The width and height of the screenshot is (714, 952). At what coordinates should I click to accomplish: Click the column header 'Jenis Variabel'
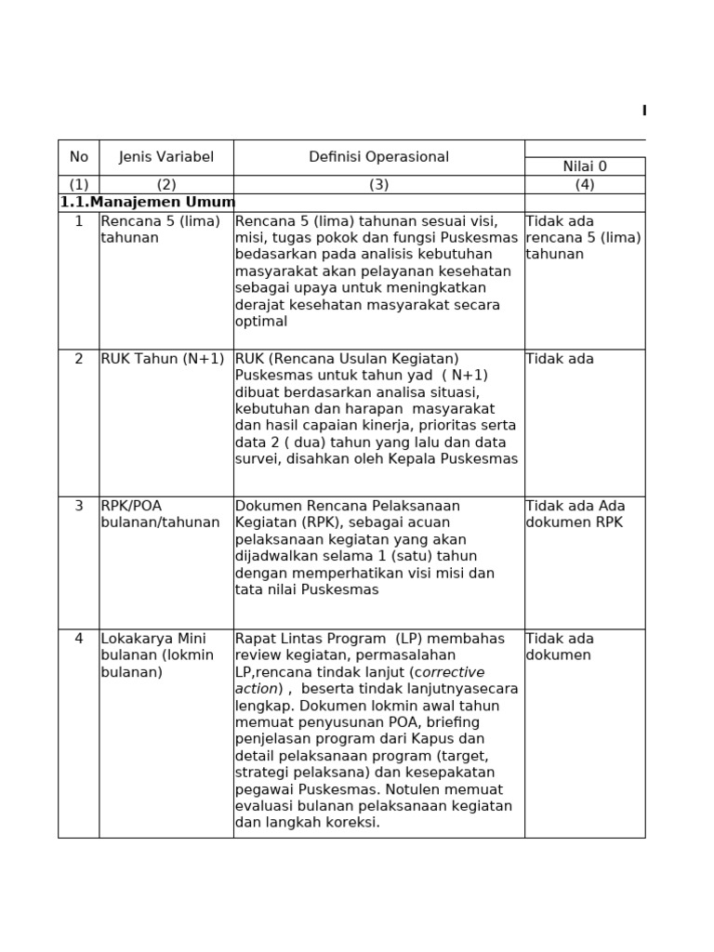(165, 157)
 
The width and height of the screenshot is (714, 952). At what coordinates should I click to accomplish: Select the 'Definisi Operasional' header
(378, 157)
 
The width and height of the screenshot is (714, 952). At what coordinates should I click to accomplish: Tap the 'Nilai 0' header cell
(584, 166)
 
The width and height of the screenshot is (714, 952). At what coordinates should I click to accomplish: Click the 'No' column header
(78, 157)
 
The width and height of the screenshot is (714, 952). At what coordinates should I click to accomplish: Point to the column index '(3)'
(378, 184)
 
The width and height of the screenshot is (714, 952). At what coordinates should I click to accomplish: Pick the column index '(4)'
(584, 184)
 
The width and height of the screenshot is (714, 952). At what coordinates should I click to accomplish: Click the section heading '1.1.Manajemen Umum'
(147, 202)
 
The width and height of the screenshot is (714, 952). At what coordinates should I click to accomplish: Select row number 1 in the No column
(78, 221)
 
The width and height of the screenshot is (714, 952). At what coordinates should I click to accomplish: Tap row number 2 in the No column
(78, 359)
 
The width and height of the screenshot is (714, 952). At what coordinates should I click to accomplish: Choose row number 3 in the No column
(78, 506)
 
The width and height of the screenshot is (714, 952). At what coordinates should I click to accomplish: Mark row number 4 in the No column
(78, 639)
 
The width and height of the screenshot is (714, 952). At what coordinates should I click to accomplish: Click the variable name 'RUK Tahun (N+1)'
(162, 359)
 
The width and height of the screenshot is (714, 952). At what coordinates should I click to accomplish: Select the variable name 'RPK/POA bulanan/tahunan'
(160, 514)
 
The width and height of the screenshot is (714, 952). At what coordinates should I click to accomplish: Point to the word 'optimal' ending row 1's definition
(261, 322)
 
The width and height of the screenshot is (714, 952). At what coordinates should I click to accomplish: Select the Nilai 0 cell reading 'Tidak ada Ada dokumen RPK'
(575, 514)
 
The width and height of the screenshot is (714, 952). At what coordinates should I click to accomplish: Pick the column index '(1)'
(78, 184)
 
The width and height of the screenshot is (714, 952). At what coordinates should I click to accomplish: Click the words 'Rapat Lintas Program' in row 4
(312, 639)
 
